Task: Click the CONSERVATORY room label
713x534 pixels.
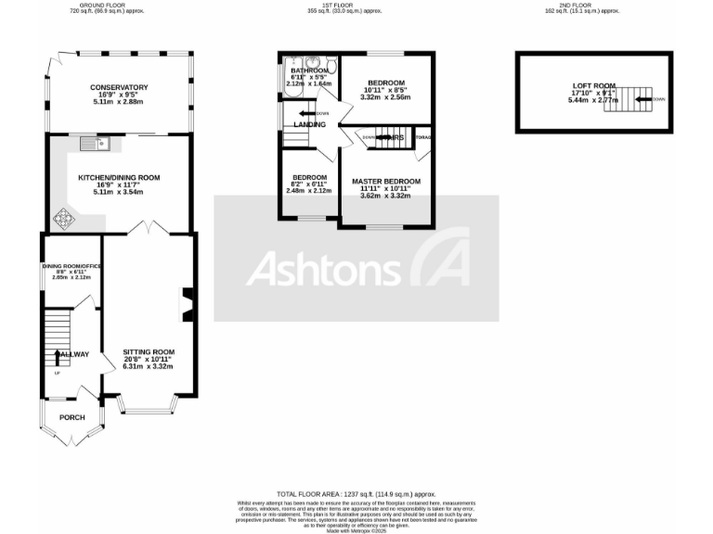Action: (119, 87)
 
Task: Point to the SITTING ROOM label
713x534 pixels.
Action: (149, 352)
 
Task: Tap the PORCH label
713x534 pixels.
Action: (71, 417)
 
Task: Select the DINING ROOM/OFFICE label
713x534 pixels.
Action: (71, 267)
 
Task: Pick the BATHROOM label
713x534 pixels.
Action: (309, 70)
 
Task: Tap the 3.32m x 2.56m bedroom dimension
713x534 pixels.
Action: (384, 96)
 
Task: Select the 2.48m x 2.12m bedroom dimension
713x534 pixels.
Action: (308, 191)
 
